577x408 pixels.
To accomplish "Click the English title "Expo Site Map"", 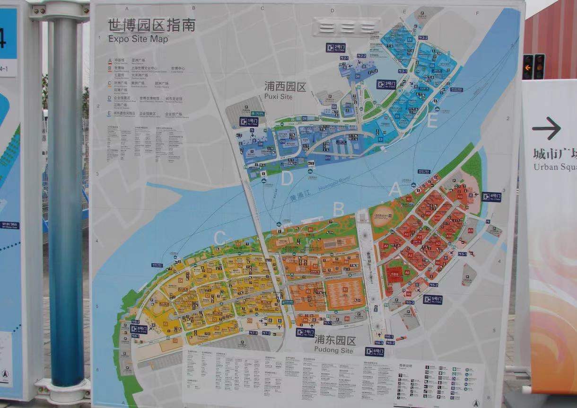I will (138, 39).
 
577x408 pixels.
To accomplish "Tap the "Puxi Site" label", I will (279, 97).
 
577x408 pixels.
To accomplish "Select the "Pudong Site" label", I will (334, 350).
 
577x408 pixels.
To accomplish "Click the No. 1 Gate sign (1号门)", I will (249, 121).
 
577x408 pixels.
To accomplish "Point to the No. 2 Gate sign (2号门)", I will (335, 47).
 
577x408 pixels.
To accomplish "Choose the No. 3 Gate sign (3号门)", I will (386, 84).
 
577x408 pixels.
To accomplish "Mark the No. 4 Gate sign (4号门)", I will (491, 195).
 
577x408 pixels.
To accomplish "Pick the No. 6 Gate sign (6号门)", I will (374, 352).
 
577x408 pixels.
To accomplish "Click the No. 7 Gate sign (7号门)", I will (306, 332).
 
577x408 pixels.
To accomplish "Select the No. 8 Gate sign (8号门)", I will (139, 329).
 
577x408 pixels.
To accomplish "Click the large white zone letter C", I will (219, 239).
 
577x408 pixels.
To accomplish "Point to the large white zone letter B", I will (338, 209).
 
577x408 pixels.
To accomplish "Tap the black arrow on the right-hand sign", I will (546, 128).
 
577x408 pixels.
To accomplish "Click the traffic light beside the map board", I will (533, 67).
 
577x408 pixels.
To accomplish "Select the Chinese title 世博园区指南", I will (151, 25).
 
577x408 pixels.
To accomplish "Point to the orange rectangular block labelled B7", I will (344, 293).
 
